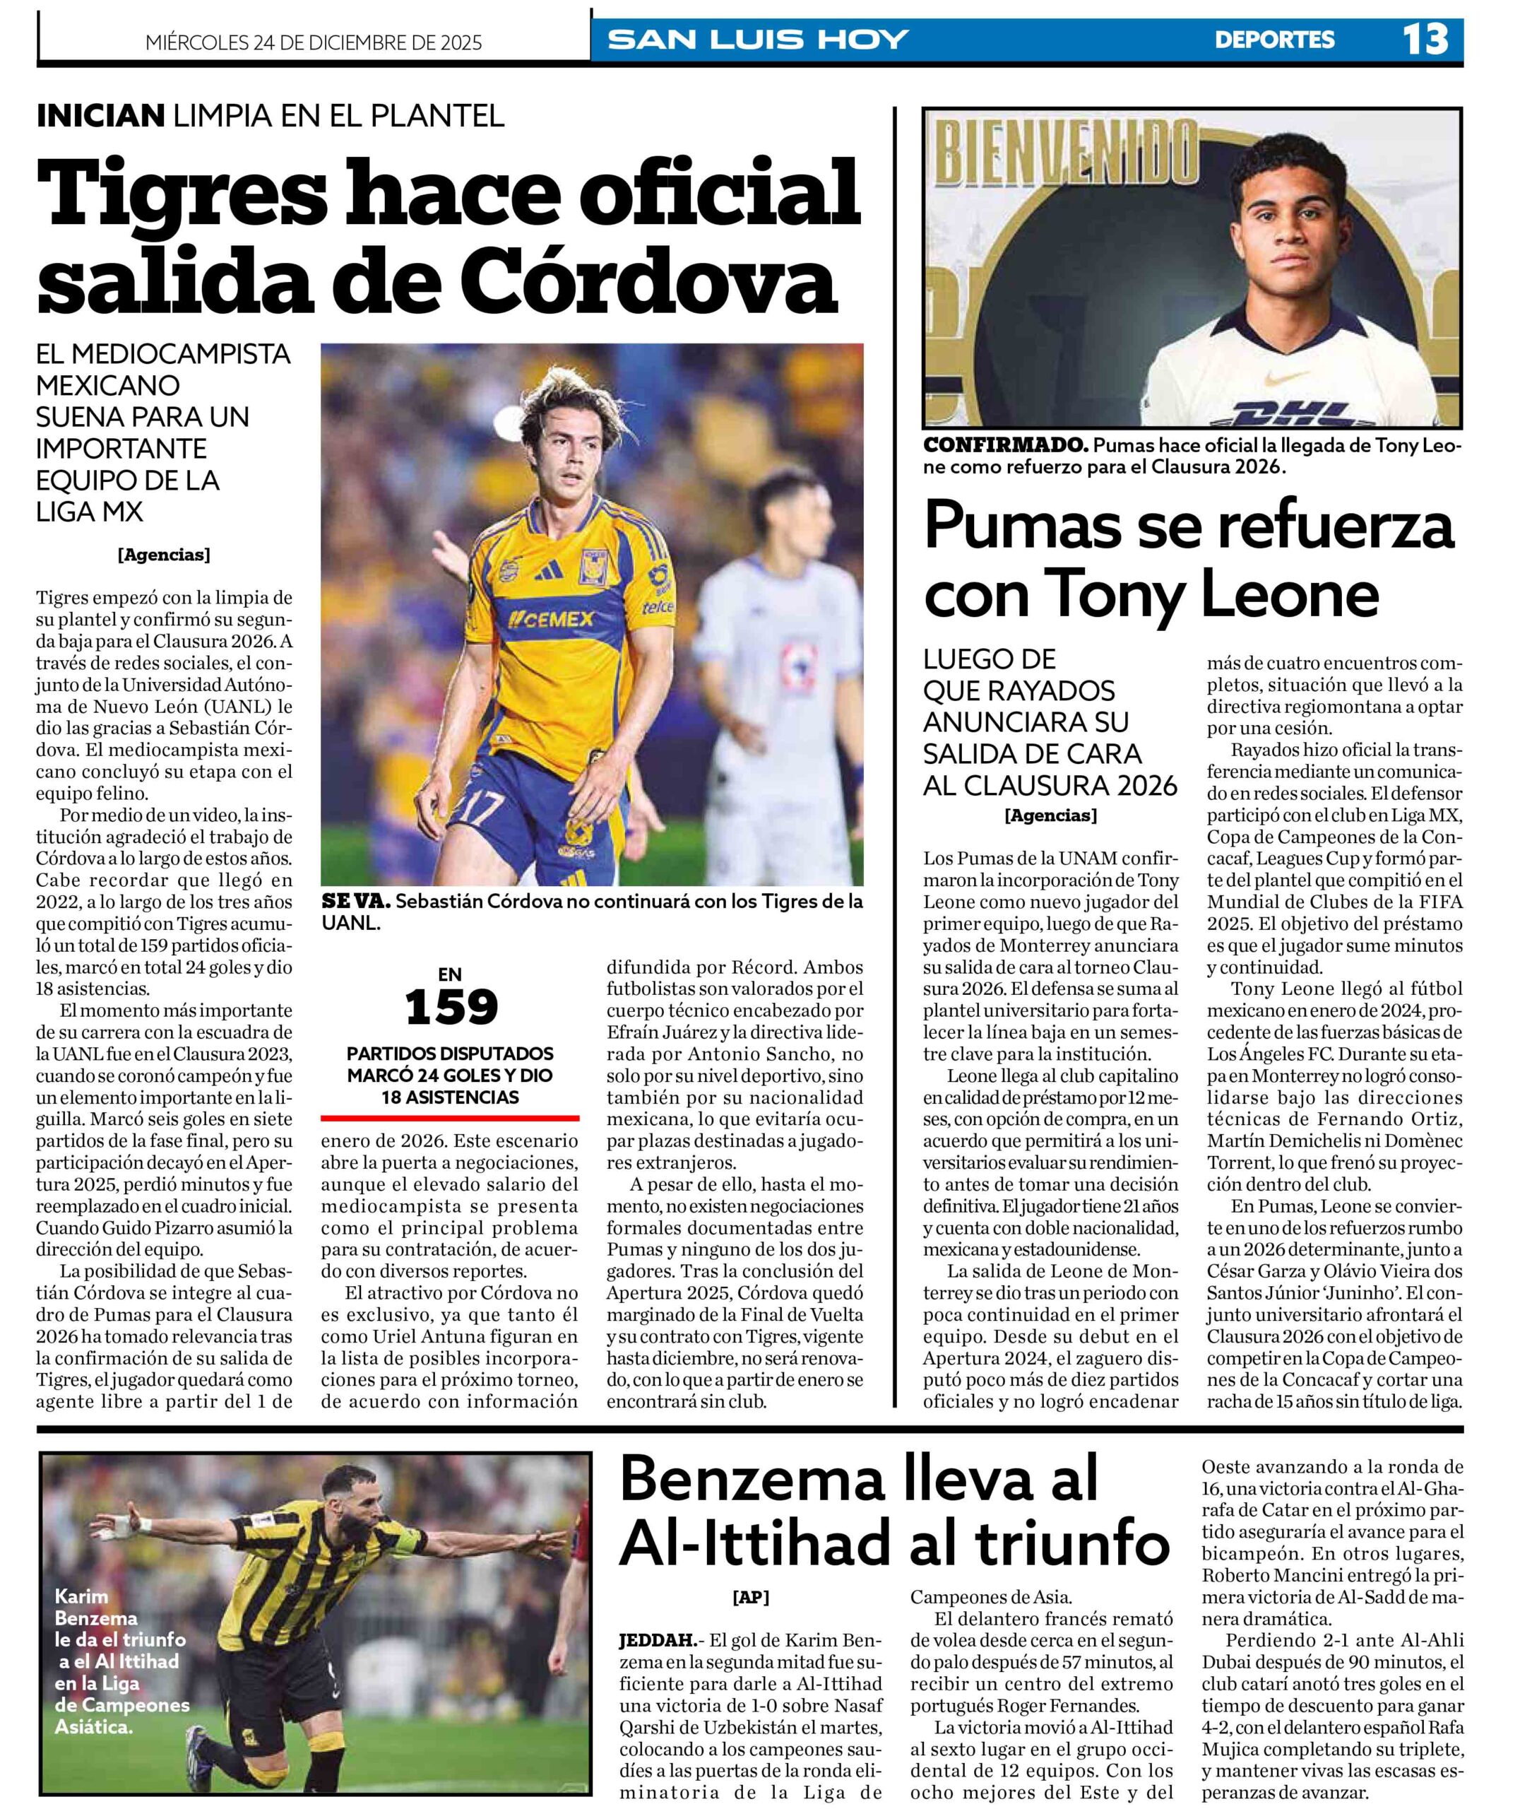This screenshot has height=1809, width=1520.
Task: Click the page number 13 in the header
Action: (1425, 39)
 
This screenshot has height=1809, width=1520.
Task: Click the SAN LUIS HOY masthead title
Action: (759, 40)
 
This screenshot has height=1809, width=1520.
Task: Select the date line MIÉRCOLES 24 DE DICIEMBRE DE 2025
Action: (314, 42)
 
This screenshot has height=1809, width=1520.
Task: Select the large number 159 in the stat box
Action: (451, 1008)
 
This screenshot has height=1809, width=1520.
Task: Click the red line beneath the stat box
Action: (450, 1118)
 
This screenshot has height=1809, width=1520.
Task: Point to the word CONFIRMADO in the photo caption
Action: (1004, 446)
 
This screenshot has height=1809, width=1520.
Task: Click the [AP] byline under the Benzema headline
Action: (751, 1597)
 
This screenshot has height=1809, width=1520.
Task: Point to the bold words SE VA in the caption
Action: (355, 902)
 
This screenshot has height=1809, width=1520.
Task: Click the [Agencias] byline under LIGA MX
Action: (164, 555)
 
